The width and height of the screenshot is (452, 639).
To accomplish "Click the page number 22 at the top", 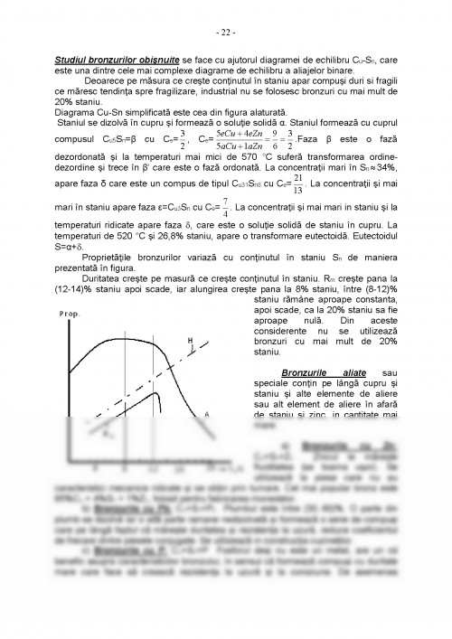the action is pyautogui.click(x=226, y=34).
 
